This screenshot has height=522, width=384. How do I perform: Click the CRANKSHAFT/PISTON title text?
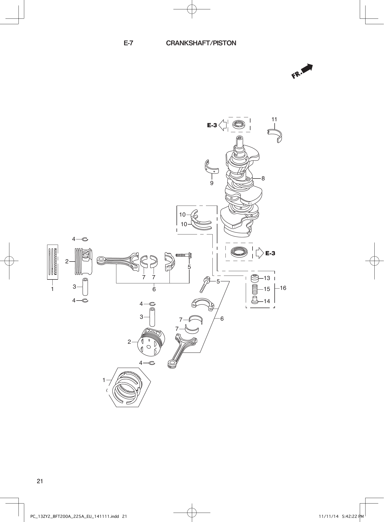pos(201,43)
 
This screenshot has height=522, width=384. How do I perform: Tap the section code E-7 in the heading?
pos(128,43)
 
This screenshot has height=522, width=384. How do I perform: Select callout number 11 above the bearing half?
pos(274,119)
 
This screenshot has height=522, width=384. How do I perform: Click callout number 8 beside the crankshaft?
pos(263,179)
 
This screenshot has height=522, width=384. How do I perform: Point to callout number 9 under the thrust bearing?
pos(212,183)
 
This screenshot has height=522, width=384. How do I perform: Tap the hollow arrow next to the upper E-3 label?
pos(223,125)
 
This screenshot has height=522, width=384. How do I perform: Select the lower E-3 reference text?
pos(270,253)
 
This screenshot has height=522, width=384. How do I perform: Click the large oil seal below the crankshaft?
pos(239,252)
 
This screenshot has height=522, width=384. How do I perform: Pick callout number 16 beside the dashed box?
pos(283,288)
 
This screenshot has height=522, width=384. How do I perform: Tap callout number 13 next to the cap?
pos(267,278)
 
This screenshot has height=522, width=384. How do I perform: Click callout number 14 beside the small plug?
pos(267,301)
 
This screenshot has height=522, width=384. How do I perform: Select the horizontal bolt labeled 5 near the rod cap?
pos(184,255)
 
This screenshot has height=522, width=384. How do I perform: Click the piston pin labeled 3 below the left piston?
pos(85,287)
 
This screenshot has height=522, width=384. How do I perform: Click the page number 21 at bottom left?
pos(40,481)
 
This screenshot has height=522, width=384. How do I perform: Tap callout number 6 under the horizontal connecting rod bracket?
pos(154,289)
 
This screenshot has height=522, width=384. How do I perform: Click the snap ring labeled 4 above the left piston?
pos(85,239)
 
